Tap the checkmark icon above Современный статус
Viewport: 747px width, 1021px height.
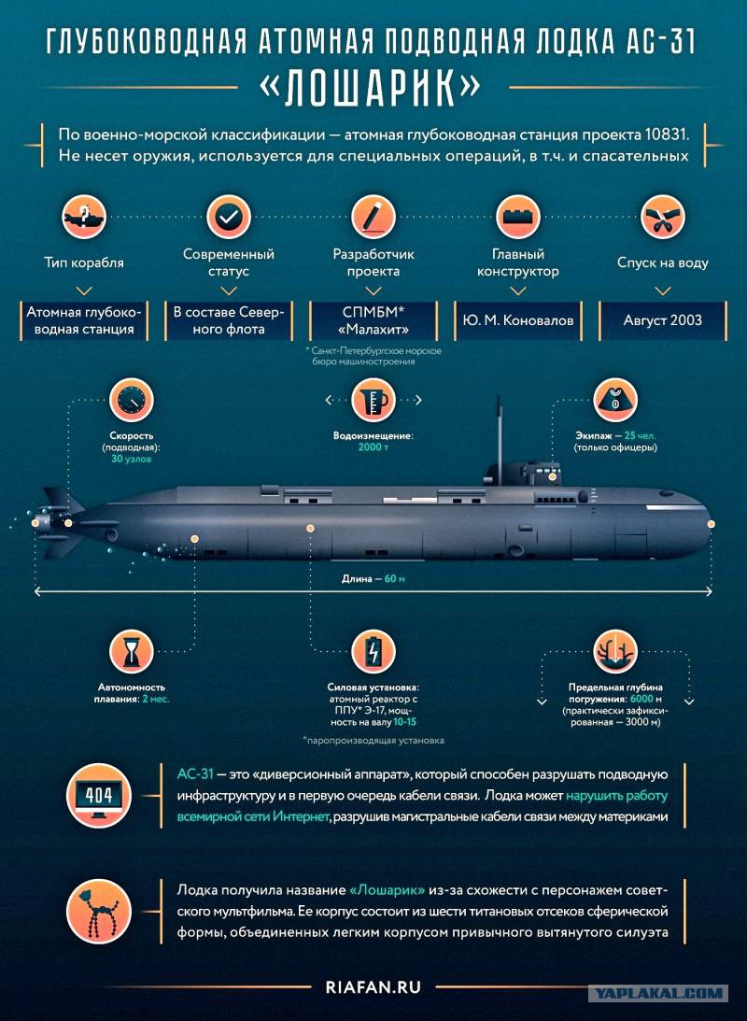pyautogui.click(x=229, y=217)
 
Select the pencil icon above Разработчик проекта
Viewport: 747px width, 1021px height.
pyautogui.click(x=373, y=217)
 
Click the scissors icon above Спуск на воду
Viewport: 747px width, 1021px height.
pyautogui.click(x=662, y=217)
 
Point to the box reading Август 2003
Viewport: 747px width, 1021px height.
pyautogui.click(x=662, y=320)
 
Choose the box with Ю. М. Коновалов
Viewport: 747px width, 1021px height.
pyautogui.click(x=518, y=320)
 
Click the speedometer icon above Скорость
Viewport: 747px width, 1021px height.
pyautogui.click(x=132, y=400)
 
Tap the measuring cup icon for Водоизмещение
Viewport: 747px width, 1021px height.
pyautogui.click(x=373, y=400)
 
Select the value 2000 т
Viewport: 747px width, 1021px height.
pyautogui.click(x=373, y=447)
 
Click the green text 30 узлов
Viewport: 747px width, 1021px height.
pyautogui.click(x=132, y=459)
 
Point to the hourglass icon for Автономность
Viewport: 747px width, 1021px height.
pyautogui.click(x=132, y=651)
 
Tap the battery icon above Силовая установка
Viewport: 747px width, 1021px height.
pyautogui.click(x=373, y=651)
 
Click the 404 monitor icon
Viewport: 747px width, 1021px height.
pyautogui.click(x=99, y=795)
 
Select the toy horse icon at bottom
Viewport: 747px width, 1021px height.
pyautogui.click(x=99, y=911)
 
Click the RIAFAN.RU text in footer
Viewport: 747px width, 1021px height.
pyautogui.click(x=373, y=987)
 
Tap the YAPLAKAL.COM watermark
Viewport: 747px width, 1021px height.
pyautogui.click(x=657, y=994)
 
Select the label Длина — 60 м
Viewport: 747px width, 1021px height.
pyautogui.click(x=373, y=578)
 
